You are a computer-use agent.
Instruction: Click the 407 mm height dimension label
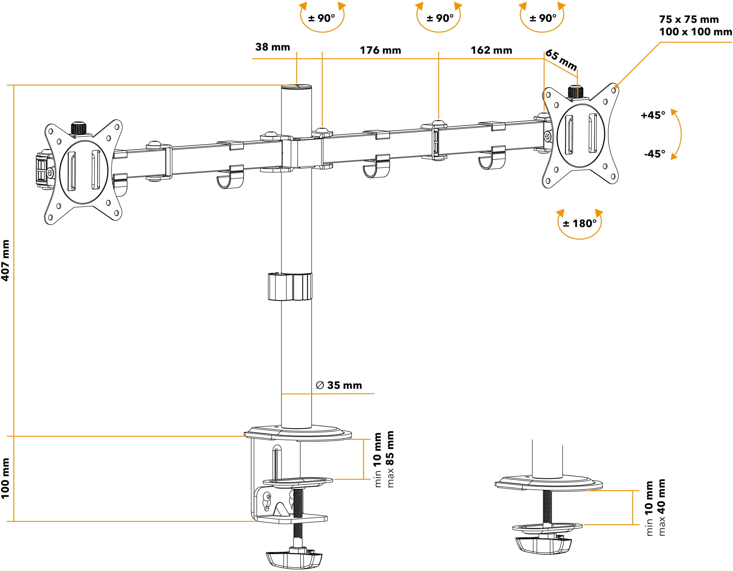[6, 260]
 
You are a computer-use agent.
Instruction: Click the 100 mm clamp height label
[6, 479]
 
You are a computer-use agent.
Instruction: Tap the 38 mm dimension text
[273, 47]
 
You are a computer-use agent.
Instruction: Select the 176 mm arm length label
[381, 50]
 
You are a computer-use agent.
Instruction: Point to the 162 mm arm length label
[491, 50]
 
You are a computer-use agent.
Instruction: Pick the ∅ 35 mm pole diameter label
[339, 385]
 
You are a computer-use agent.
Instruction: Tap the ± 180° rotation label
[580, 223]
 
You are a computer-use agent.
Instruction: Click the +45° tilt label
[653, 115]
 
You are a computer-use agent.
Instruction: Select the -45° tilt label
[655, 154]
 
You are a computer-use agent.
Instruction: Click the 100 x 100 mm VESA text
[695, 32]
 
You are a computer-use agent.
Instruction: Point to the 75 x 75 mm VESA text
[689, 19]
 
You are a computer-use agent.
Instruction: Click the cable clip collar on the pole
[290, 287]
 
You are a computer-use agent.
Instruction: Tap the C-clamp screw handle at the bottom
[294, 559]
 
